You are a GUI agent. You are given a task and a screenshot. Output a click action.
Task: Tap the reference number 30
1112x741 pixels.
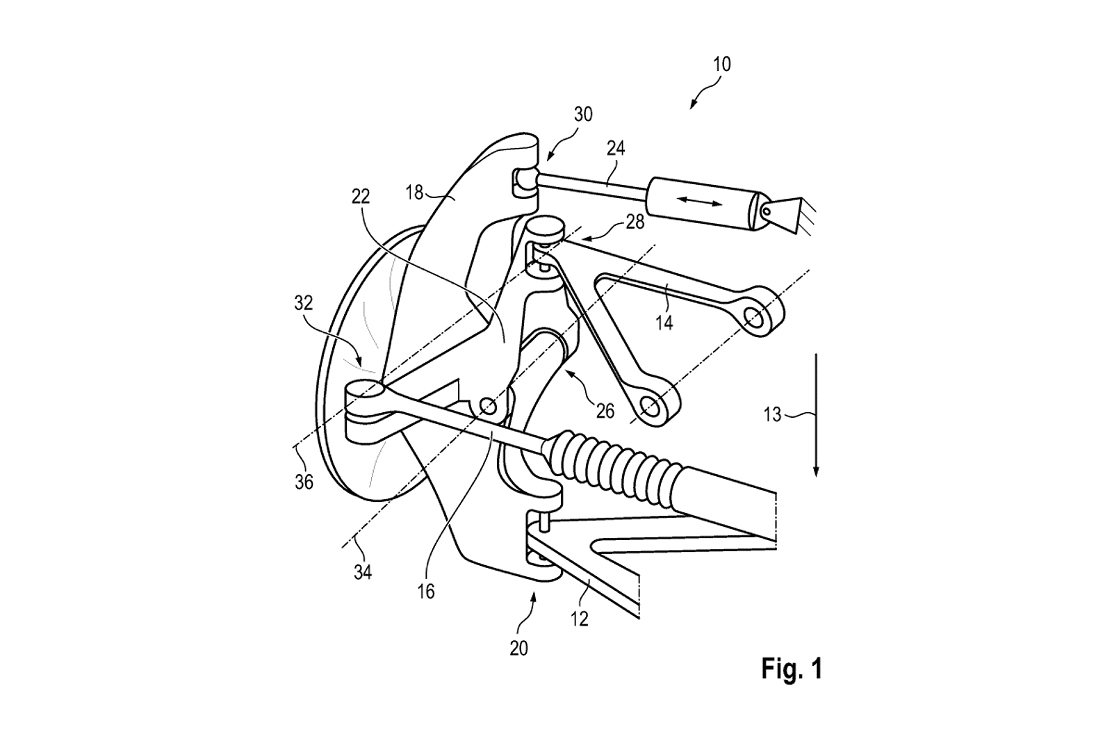583,115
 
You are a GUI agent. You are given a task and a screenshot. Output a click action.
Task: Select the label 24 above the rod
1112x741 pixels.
616,149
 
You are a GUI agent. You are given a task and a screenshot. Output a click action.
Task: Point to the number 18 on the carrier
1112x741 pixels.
414,193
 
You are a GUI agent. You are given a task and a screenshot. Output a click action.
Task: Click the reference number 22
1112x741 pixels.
361,197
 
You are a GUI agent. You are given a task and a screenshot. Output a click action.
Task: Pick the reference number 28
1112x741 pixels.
635,222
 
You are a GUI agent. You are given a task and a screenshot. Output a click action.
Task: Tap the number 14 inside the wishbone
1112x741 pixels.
664,323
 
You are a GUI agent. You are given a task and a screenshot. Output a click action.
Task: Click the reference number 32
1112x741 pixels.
304,302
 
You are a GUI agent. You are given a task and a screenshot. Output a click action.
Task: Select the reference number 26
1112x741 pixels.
605,411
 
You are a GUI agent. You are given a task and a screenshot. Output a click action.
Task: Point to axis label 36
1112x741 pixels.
304,481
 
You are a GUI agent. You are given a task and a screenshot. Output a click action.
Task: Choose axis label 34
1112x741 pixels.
362,573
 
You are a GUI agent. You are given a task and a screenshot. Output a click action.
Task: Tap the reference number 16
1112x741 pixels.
427,592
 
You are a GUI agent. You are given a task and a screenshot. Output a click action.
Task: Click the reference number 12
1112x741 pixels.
580,619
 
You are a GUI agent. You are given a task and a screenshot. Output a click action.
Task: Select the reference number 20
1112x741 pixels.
518,648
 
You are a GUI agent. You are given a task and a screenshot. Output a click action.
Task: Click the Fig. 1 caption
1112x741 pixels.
792,669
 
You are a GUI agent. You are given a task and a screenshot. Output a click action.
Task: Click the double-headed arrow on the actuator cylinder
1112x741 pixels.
701,201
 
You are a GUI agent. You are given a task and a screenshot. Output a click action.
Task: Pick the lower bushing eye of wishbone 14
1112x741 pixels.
652,405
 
